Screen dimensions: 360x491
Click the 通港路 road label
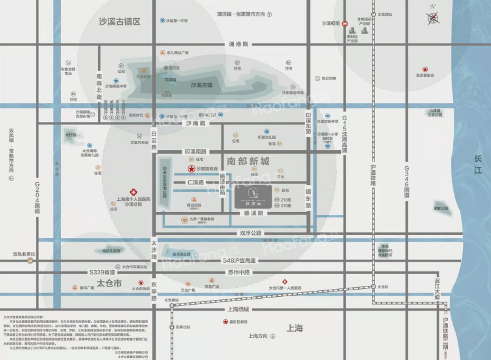[235, 44]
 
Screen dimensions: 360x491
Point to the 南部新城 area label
[247, 162]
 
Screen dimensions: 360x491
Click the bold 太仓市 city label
[109, 284]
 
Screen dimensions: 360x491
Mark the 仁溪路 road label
[195, 182]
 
